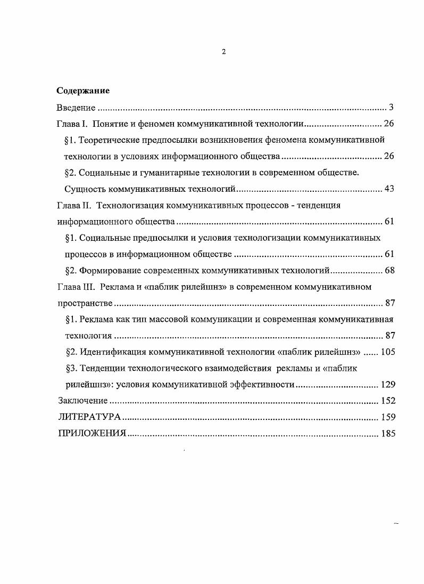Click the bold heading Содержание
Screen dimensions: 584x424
(x=83, y=91)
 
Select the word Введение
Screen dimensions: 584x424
(x=76, y=108)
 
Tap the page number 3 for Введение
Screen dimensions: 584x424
(x=390, y=108)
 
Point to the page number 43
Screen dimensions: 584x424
(x=388, y=189)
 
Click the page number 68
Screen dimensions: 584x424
(x=389, y=271)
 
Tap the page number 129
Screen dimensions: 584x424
(x=387, y=385)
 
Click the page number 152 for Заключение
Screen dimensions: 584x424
(x=387, y=401)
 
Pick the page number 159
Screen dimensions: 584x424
(x=387, y=417)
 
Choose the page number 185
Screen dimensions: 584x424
(x=387, y=434)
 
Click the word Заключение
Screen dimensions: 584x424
(x=82, y=401)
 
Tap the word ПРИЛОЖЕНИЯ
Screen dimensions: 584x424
(x=92, y=434)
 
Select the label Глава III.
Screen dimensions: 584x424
(x=75, y=287)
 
